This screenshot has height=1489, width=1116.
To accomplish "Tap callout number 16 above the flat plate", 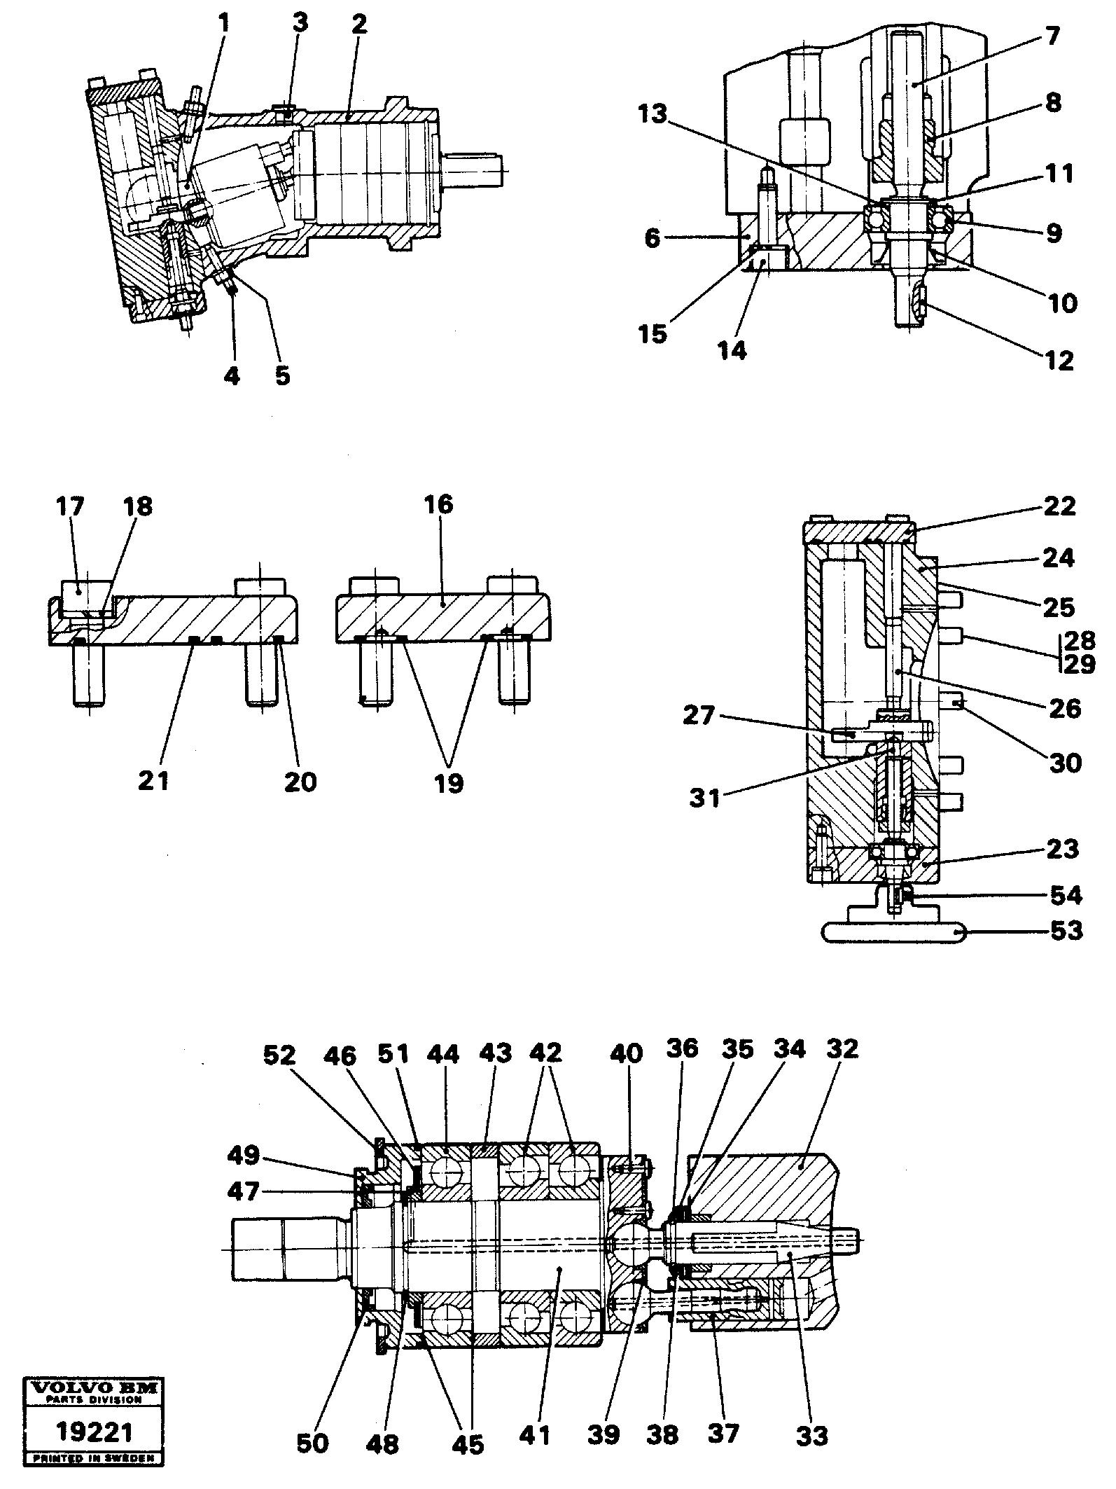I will [439, 504].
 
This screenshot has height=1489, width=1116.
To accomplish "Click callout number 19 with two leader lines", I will [449, 783].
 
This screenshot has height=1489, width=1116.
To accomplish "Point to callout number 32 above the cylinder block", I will [842, 1069].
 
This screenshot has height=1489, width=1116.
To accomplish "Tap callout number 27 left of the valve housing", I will [700, 716].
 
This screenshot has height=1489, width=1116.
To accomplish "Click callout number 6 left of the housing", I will [653, 238].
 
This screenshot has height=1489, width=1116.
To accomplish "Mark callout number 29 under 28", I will [1079, 663].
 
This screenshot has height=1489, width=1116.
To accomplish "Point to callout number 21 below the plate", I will [153, 780].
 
